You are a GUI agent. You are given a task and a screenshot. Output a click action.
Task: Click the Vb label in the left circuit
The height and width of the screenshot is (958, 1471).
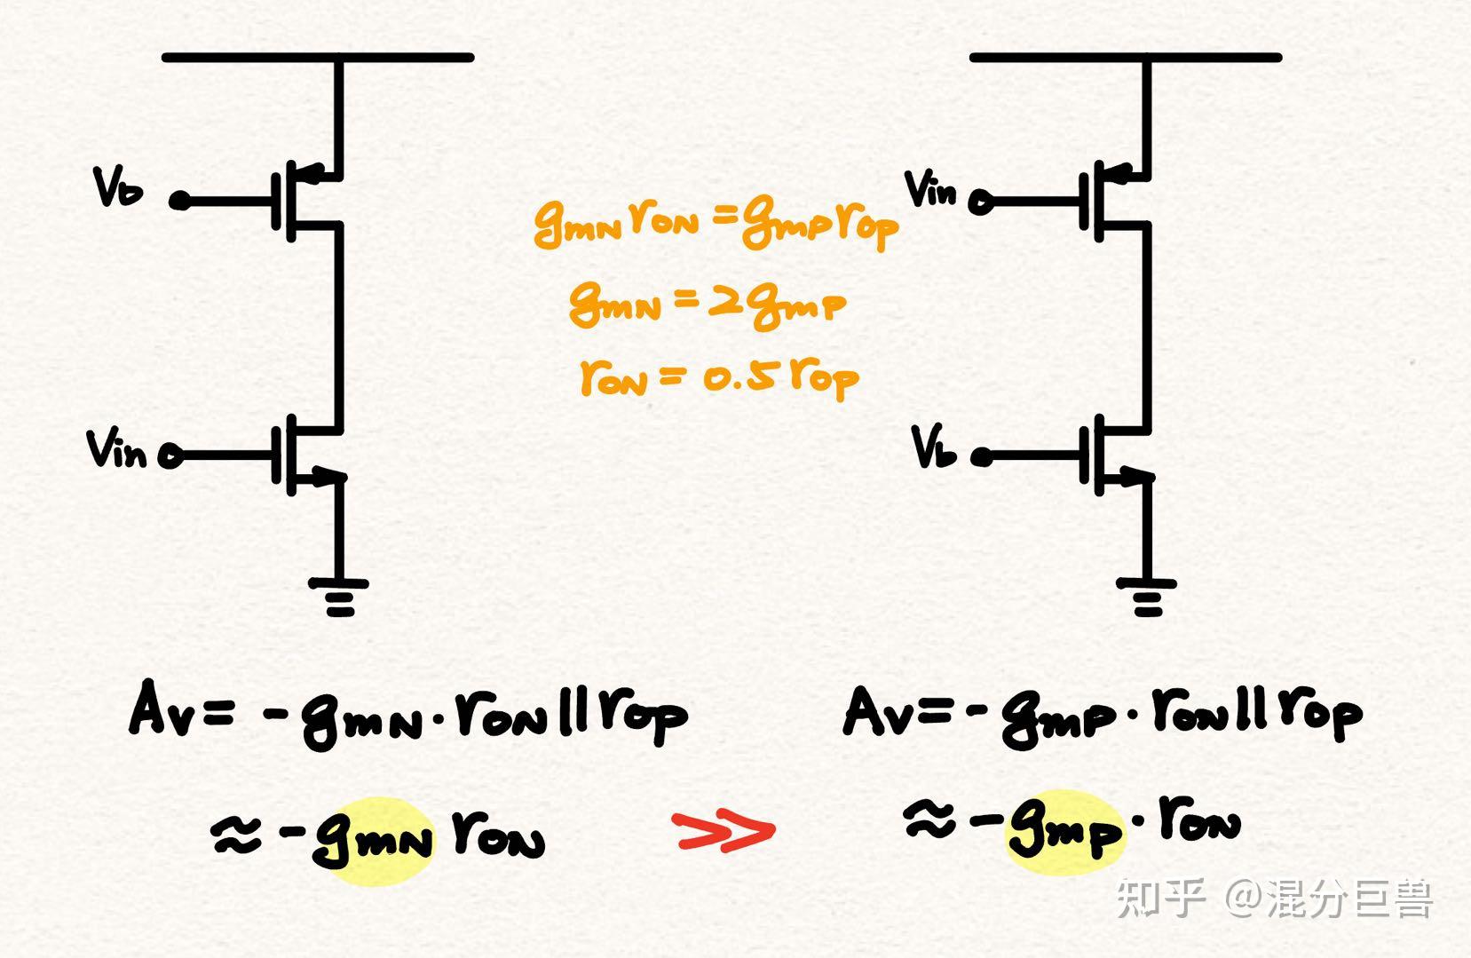pos(118,187)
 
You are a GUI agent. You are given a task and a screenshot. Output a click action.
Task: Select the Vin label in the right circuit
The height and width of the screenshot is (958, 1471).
pos(930,189)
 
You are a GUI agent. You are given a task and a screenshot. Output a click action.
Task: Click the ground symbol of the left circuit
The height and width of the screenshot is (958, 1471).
pos(339,597)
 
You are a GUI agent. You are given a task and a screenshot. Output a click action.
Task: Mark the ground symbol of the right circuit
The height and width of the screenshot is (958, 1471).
pos(1147,597)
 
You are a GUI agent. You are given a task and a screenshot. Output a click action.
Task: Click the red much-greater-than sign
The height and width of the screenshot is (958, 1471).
pos(724,831)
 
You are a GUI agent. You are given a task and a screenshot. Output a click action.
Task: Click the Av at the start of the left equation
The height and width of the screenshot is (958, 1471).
pos(162,707)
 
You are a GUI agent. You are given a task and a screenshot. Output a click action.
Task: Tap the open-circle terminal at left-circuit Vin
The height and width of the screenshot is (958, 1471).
pos(170,455)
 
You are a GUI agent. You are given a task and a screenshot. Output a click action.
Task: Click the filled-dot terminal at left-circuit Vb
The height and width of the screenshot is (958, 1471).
pos(179,201)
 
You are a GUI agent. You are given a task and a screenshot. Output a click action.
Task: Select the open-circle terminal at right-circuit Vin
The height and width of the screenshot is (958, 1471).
pos(980,202)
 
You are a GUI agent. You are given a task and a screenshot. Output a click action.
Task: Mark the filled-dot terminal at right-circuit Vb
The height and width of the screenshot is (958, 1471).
pos(982,457)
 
